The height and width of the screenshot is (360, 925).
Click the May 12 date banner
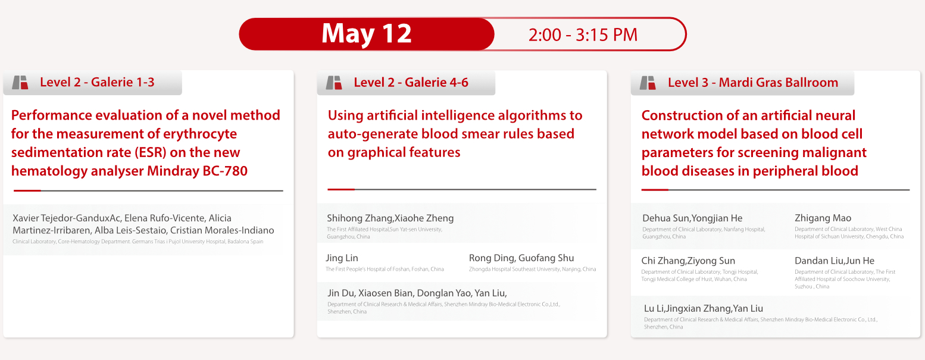pyautogui.click(x=367, y=34)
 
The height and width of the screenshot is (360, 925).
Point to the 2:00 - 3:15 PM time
pyautogui.click(x=583, y=35)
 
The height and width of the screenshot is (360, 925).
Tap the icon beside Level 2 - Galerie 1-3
pyautogui.click(x=20, y=83)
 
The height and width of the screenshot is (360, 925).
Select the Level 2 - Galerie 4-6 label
pyautogui.click(x=411, y=82)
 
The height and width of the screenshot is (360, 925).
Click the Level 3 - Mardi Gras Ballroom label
pyautogui.click(x=753, y=82)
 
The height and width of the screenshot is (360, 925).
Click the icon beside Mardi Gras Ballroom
pyautogui.click(x=648, y=83)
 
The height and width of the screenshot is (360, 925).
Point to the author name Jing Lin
pyautogui.click(x=342, y=258)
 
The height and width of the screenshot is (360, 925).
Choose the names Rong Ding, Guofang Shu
pyautogui.click(x=521, y=258)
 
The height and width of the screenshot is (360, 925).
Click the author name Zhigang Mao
pyautogui.click(x=823, y=218)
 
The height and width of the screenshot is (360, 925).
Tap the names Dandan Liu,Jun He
pyautogui.click(x=834, y=261)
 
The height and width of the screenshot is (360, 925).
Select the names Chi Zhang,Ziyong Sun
pyautogui.click(x=688, y=261)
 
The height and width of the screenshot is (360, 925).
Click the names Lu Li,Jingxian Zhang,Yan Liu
pyautogui.click(x=703, y=308)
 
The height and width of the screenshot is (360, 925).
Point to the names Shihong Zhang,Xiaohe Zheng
pyautogui.click(x=390, y=218)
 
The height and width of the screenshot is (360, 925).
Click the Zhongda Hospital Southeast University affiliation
pyautogui.click(x=532, y=269)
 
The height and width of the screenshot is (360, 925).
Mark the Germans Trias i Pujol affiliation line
pyautogui.click(x=138, y=242)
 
